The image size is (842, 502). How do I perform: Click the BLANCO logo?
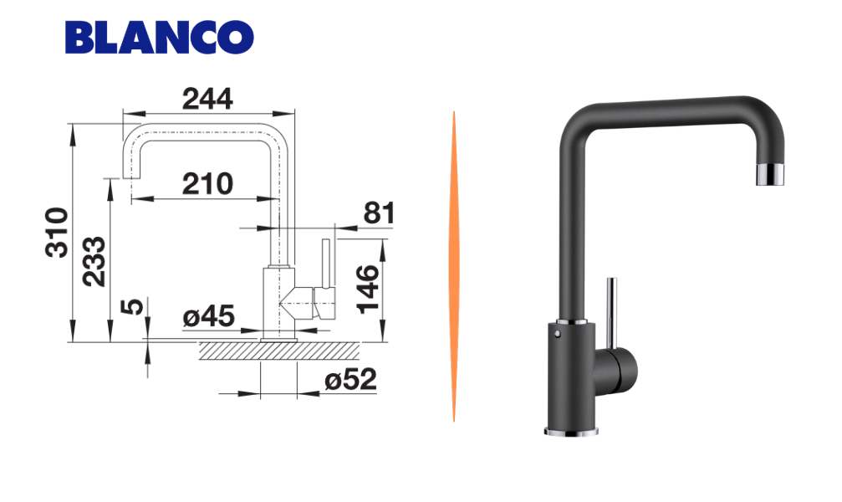point(159,37)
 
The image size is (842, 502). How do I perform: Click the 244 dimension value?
point(207,99)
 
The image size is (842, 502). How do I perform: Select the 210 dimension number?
point(207,184)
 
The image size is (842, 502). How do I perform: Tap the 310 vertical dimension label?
point(57,233)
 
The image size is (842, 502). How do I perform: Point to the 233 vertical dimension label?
point(94,261)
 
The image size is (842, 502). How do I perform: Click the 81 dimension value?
point(379,213)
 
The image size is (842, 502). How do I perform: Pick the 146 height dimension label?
point(369,289)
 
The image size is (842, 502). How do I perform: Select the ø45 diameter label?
point(208,316)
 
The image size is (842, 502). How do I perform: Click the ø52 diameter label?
point(350,380)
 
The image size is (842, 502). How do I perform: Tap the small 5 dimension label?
point(132,306)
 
